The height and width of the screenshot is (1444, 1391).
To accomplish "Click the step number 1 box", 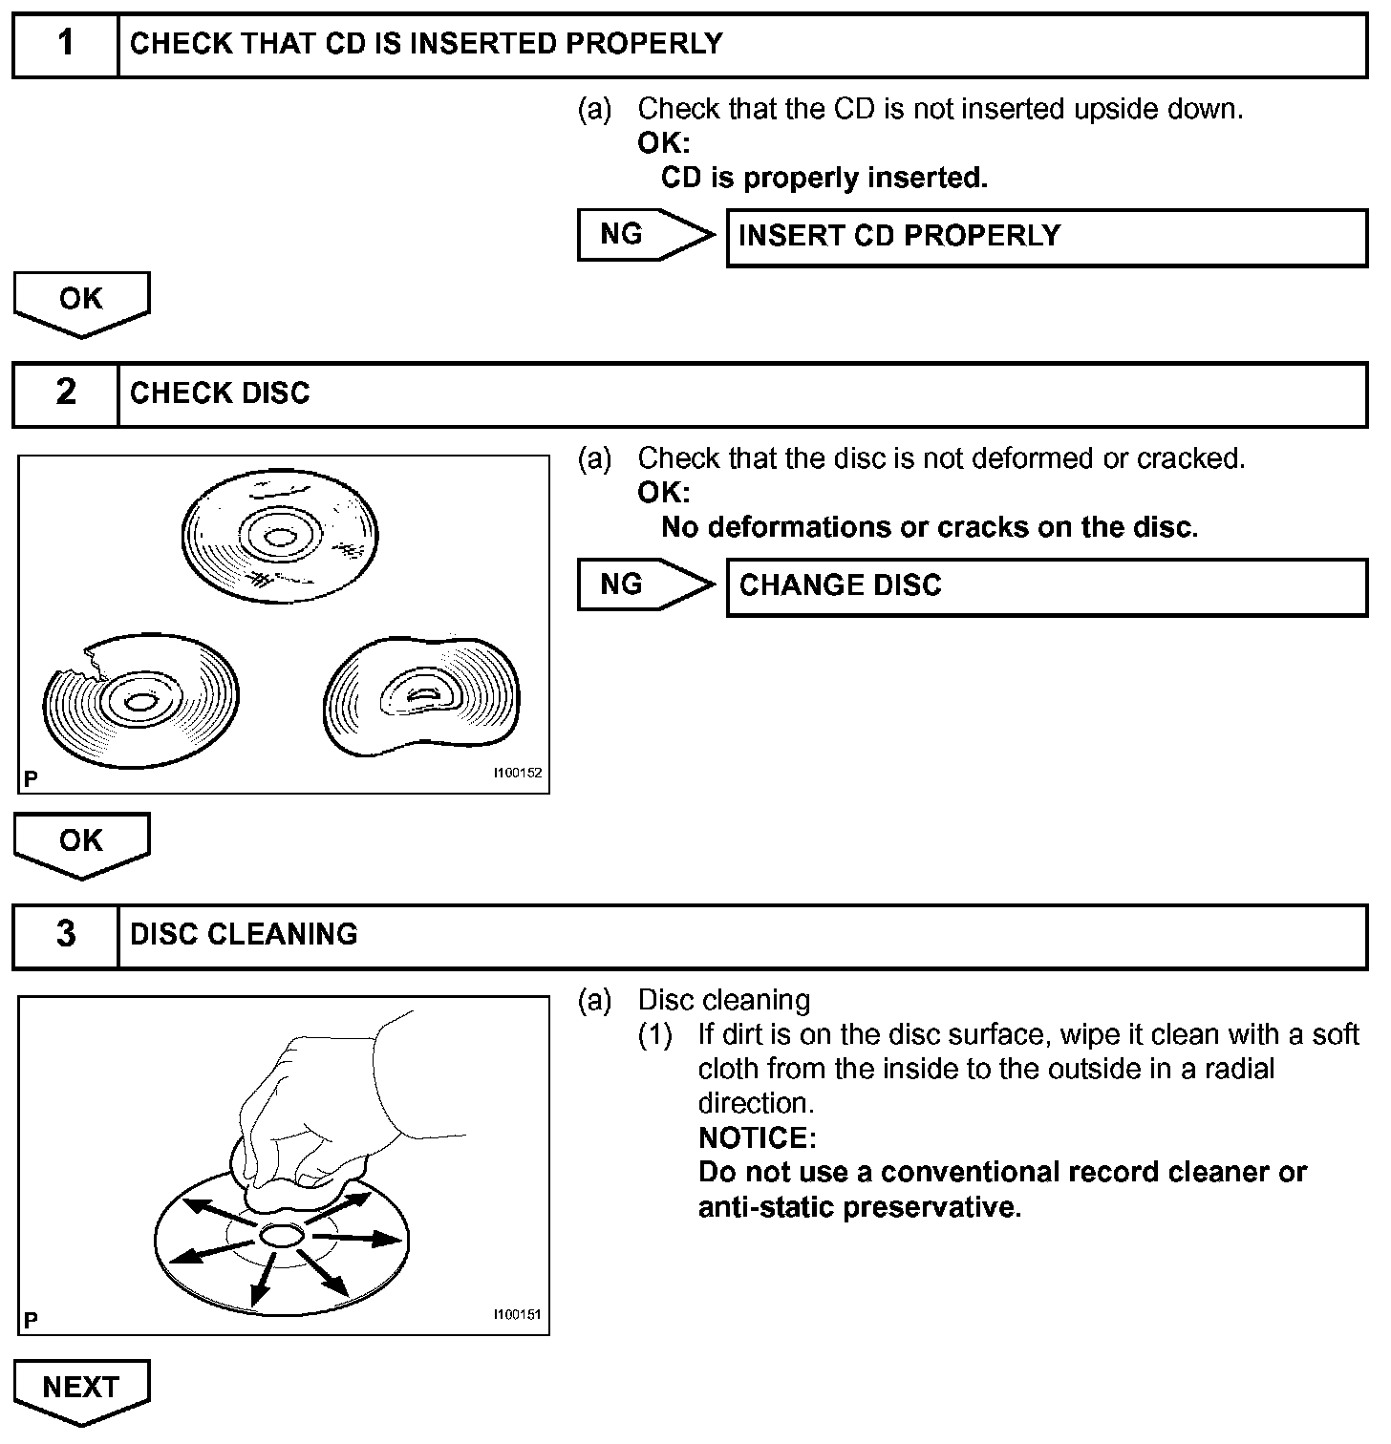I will [65, 45].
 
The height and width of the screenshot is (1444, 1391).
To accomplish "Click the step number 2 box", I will [65, 393].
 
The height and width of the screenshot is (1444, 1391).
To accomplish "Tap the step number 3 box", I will [65, 935].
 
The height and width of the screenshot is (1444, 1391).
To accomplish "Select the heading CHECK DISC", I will [220, 393].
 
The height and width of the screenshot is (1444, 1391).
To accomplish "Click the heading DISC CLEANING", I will [244, 935].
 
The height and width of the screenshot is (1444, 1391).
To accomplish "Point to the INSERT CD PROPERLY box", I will [1046, 238].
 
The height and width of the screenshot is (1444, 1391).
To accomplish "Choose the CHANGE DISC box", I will [1046, 586].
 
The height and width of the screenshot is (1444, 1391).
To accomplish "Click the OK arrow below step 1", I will [81, 302].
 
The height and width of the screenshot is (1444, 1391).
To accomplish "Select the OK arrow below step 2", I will [81, 843].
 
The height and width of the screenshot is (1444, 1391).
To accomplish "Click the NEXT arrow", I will [81, 1390].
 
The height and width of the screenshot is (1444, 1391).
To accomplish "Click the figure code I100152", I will [517, 773].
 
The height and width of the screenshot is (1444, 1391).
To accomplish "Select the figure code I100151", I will [517, 1314].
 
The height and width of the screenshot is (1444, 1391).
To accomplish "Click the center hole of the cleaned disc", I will [281, 1236].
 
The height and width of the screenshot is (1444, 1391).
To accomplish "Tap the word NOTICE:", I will [757, 1138].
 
